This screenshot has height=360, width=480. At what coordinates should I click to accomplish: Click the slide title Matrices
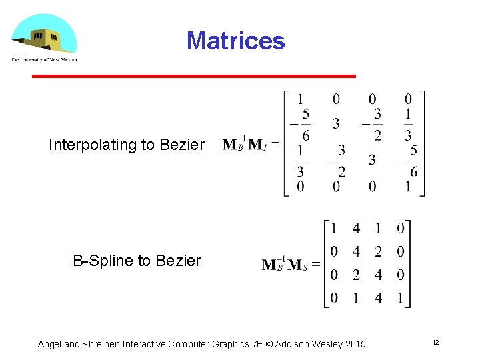point(235,41)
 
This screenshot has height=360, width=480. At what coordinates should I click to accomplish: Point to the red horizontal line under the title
point(194,77)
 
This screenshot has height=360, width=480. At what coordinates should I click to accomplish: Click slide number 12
point(435,342)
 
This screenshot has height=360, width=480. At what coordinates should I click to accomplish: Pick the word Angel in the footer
point(50,344)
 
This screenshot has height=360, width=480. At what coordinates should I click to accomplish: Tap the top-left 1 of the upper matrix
point(301,99)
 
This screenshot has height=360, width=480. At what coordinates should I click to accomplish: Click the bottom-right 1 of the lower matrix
point(400,298)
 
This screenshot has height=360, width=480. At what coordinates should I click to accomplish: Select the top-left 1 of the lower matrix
point(334,229)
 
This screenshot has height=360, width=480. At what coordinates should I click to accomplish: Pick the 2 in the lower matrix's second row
point(378,252)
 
